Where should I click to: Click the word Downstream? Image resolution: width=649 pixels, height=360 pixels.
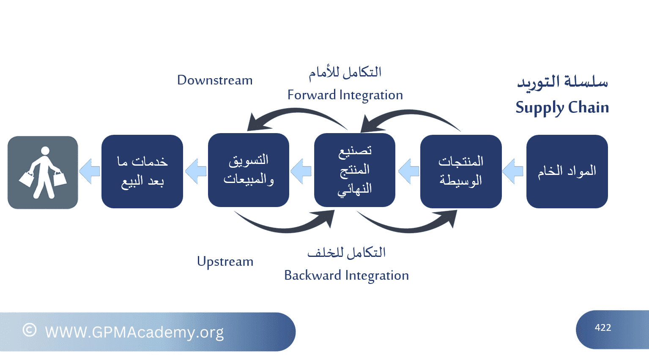215,80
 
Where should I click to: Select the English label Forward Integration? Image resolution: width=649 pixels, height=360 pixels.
345,95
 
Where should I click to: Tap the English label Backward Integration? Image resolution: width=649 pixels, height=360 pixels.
347,275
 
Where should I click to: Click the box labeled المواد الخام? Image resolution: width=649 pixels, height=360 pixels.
567,172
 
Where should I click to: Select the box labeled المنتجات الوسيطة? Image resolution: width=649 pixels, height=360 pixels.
461,172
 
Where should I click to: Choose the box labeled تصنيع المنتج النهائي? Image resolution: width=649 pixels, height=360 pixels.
355,170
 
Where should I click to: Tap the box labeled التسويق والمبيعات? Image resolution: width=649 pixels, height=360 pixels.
249,170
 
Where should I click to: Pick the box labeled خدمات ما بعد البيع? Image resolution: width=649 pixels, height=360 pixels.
142,172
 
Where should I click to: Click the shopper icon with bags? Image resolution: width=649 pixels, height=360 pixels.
43,172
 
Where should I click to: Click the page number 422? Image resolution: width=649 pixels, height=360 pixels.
603,327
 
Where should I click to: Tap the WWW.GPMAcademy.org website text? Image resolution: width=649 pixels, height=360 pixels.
134,332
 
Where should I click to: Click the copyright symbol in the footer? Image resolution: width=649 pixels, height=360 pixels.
30,330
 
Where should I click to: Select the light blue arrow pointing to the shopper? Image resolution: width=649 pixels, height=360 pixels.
90,171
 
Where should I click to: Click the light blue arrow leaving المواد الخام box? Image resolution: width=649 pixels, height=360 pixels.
512,171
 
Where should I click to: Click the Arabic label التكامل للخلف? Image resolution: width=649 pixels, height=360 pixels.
347,253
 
